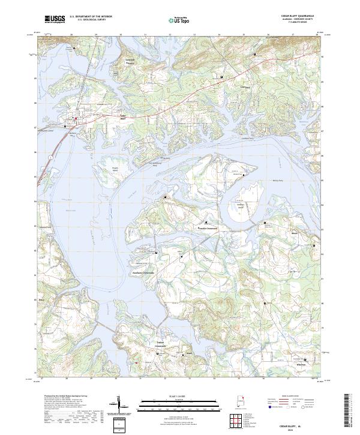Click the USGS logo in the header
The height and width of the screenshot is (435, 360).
pyautogui.click(x=55, y=19)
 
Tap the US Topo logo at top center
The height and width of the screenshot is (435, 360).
pyautogui.click(x=181, y=19)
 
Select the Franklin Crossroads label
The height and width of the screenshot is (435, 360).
pyautogui.click(x=211, y=227)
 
